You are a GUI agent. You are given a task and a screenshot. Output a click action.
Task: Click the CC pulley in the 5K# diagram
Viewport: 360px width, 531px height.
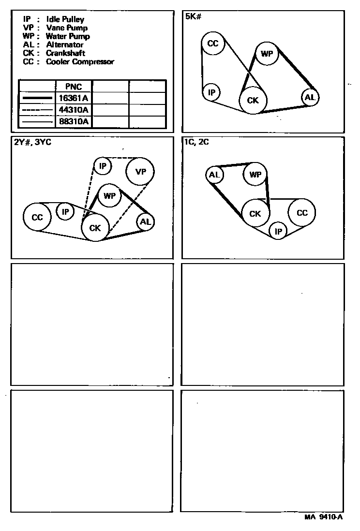213,44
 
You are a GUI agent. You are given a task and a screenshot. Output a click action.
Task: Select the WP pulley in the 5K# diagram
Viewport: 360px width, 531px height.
267,54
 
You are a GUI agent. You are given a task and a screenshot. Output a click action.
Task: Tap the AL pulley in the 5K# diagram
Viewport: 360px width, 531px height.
310,97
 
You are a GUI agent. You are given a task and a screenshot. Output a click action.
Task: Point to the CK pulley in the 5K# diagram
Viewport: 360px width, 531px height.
253,101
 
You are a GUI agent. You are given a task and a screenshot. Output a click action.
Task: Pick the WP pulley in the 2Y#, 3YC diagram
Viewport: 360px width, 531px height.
110,196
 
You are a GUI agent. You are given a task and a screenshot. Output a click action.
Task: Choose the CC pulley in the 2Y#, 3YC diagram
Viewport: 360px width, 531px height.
37,218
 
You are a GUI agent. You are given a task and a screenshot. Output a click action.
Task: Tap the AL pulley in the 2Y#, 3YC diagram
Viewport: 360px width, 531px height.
145,222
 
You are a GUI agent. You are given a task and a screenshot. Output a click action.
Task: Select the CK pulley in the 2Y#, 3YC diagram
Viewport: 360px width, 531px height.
95,228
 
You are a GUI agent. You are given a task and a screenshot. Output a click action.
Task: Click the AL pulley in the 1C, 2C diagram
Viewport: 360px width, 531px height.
214,175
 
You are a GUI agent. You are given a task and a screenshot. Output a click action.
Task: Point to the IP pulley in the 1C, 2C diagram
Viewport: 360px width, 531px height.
278,232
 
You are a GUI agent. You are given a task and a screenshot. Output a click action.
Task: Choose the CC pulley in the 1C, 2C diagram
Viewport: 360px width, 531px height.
301,213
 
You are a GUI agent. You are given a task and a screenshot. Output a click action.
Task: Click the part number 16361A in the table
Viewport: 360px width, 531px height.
73,98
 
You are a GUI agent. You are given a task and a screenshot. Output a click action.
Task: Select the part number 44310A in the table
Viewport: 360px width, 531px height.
73,110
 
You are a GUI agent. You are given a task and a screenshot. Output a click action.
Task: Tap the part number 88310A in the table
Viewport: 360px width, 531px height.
73,121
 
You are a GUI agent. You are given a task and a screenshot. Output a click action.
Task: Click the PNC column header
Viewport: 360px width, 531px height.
73,87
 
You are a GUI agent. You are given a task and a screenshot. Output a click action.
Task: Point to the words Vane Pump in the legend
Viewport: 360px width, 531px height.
67,28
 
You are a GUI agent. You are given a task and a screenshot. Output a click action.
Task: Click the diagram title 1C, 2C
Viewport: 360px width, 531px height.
196,142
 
